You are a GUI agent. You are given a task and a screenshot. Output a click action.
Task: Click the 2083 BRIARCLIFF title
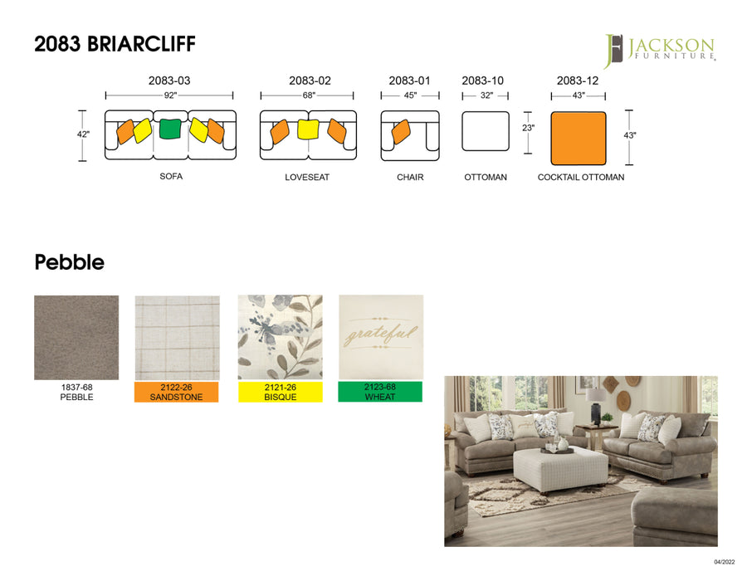[115, 44]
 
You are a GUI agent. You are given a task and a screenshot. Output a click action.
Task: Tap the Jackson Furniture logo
[659, 50]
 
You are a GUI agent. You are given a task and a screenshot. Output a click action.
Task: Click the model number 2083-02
[310, 81]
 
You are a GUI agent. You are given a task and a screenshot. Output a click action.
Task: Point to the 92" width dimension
[169, 95]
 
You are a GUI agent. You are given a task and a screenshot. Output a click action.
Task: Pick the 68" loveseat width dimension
[308, 95]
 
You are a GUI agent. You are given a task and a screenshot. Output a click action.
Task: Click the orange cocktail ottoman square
[579, 138]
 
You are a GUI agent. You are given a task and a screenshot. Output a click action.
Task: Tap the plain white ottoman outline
[485, 131]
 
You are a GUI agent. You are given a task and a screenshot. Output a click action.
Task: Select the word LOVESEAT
[307, 178]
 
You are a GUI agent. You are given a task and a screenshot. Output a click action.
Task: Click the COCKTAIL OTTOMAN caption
[581, 178]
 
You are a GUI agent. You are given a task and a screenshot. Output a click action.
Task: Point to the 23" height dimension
[529, 128]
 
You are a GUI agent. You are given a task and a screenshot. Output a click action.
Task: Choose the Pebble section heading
[69, 263]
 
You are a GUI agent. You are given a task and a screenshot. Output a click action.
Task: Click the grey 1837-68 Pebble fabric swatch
[76, 337]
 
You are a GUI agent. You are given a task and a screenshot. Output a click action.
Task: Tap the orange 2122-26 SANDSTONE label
[176, 392]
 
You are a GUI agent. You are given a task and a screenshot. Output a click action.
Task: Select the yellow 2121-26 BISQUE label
[280, 392]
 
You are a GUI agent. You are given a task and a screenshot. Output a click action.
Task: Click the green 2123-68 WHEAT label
[380, 392]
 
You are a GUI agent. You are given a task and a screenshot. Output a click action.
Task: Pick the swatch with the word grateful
[381, 336]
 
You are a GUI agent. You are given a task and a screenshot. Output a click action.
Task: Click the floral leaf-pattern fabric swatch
[280, 336]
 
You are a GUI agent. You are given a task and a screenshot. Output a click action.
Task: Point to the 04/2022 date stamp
[724, 562]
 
